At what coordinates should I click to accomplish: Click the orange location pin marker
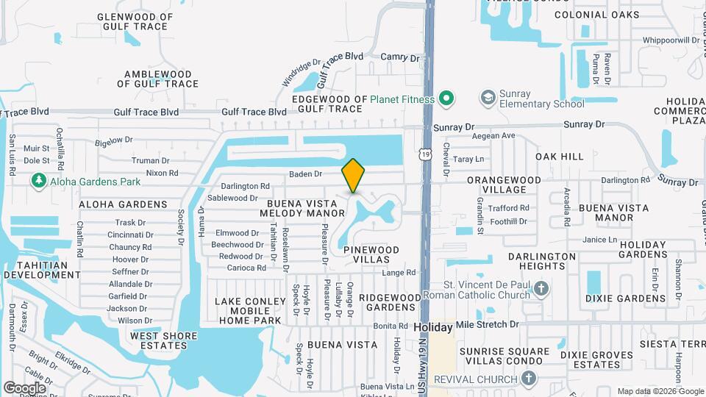tap(353, 176)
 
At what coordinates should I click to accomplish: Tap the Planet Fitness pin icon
tap(446, 99)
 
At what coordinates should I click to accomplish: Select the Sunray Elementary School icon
tap(488, 98)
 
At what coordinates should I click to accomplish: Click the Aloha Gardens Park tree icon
tap(38, 180)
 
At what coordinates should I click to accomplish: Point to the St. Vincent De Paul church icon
tap(541, 288)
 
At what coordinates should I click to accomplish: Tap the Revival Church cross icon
tap(527, 379)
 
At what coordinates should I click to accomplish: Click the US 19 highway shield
tap(425, 154)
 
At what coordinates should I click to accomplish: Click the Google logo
tap(24, 387)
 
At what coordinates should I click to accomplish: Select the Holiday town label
tap(432, 328)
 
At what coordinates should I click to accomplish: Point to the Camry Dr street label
tap(399, 57)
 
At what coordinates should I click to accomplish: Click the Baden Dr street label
tap(305, 174)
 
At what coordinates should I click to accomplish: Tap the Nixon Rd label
tap(162, 173)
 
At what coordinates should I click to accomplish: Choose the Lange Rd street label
tap(399, 272)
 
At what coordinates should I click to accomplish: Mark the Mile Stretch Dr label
tap(488, 323)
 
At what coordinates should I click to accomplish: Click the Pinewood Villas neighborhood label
tap(371, 255)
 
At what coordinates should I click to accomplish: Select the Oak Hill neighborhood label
tap(559, 157)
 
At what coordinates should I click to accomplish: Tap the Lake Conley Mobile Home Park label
tap(250, 311)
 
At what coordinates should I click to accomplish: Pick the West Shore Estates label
tap(164, 341)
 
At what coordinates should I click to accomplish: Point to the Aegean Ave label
tap(493, 136)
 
